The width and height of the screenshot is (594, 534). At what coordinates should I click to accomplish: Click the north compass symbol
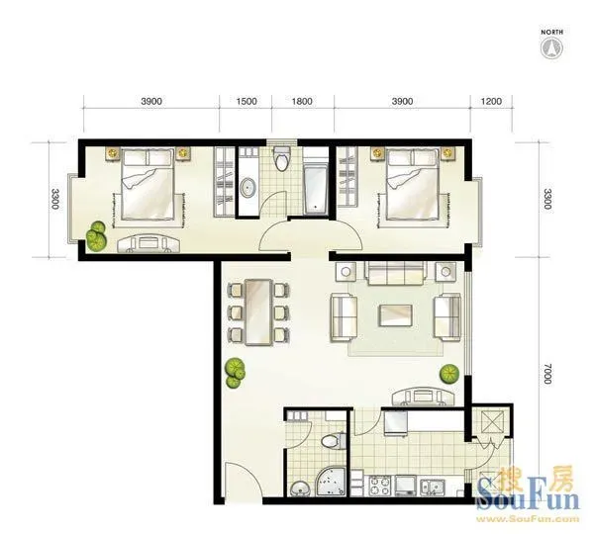click(x=551, y=48)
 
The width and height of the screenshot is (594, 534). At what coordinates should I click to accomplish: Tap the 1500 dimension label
click(x=247, y=102)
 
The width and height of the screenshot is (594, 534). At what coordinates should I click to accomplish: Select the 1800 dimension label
click(x=302, y=102)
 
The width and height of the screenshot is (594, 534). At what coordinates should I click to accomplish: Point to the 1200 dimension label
click(x=491, y=102)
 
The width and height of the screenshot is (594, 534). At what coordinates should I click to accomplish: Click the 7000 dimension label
click(x=547, y=374)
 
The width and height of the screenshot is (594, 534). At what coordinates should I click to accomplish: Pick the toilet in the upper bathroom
click(x=282, y=158)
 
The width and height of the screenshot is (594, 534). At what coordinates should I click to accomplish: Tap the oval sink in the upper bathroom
click(x=248, y=188)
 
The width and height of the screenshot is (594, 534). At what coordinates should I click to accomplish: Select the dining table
click(x=258, y=312)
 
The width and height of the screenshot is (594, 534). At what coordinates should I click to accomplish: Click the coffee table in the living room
click(x=396, y=315)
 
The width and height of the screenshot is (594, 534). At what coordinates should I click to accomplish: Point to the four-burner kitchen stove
click(x=379, y=486)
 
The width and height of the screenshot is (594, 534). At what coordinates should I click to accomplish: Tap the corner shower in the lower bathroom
click(x=331, y=481)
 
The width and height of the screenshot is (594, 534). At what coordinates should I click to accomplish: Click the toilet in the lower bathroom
click(x=334, y=441)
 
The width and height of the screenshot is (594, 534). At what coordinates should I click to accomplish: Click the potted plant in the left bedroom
click(x=96, y=236)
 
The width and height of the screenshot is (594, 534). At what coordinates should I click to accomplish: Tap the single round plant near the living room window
click(x=449, y=374)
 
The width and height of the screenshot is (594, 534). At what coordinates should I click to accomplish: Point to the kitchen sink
click(x=433, y=487)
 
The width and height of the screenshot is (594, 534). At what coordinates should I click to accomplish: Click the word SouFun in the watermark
click(x=528, y=496)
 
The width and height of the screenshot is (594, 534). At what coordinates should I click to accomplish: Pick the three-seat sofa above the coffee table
click(x=394, y=273)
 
